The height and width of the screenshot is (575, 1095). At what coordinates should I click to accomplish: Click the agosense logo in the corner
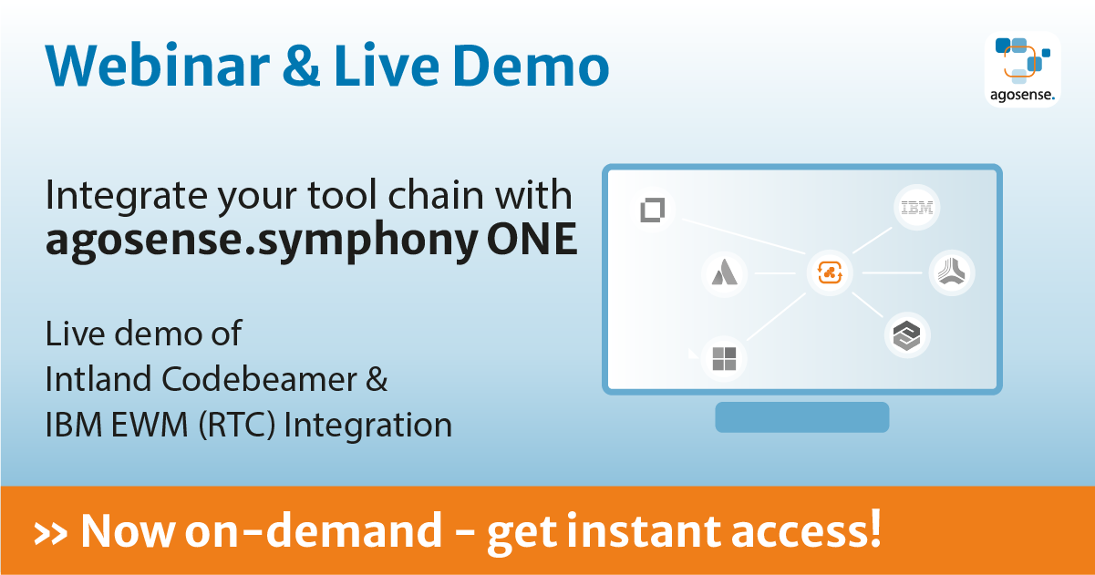(x=1023, y=69)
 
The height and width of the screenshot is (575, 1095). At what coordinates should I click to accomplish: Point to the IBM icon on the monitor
(x=916, y=208)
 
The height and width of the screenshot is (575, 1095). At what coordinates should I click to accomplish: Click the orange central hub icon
(x=831, y=272)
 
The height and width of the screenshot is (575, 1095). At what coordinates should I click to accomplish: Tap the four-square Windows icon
(x=724, y=358)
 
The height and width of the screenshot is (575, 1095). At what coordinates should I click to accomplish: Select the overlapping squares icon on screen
(x=653, y=210)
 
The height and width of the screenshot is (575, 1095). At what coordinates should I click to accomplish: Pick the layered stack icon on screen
(x=907, y=336)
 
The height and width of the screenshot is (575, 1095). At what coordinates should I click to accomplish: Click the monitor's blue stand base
(x=801, y=416)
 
